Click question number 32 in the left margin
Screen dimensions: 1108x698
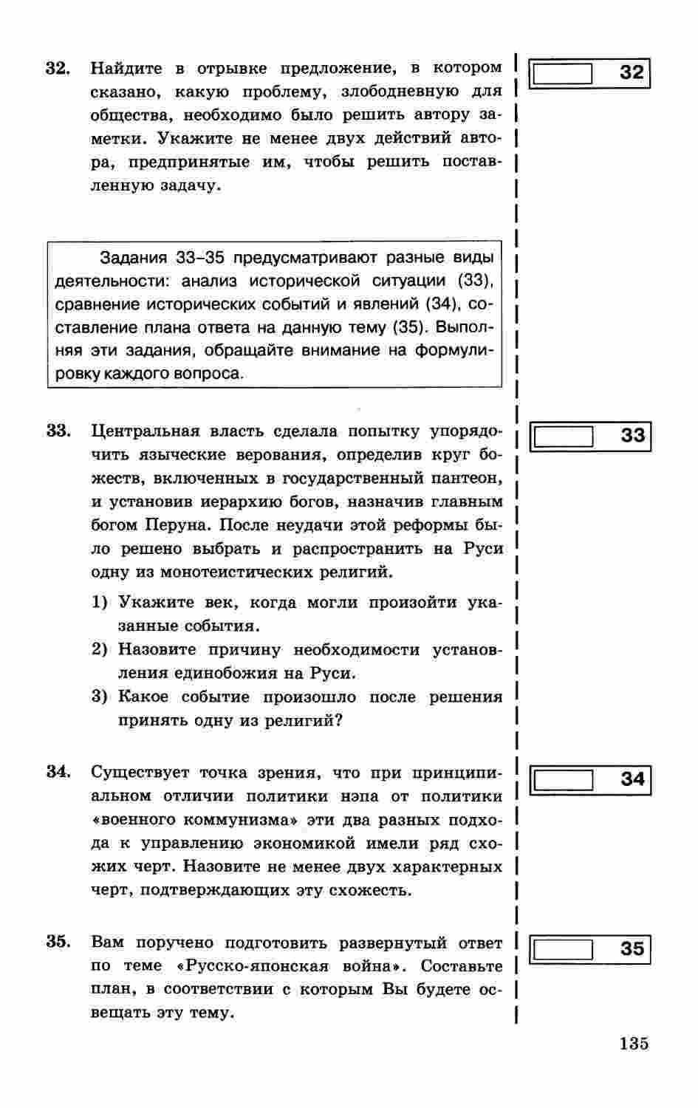pyautogui.click(x=58, y=69)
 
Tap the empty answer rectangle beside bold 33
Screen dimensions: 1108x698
pyautogui.click(x=564, y=436)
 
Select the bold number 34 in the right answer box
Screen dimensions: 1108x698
pyautogui.click(x=633, y=779)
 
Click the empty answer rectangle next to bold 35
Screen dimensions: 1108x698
pyautogui.click(x=564, y=948)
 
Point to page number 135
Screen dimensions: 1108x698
pyautogui.click(x=634, y=1044)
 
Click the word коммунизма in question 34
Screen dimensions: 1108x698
pyautogui.click(x=247, y=820)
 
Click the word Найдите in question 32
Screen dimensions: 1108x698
pyautogui.click(x=126, y=69)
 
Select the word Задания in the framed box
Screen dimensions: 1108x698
pyautogui.click(x=135, y=258)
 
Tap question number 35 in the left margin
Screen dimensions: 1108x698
pyautogui.click(x=58, y=943)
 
